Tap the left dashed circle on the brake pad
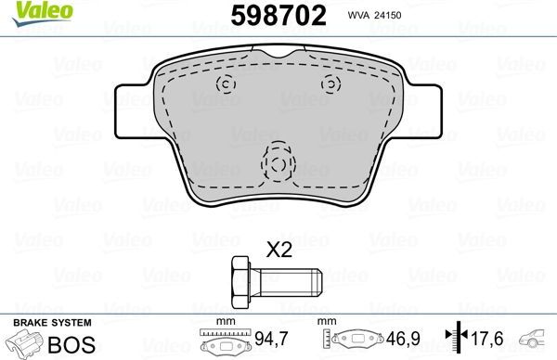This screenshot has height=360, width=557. click(x=223, y=85)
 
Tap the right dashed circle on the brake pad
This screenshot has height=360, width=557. click(x=330, y=85)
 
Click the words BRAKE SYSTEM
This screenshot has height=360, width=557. click(x=51, y=322)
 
